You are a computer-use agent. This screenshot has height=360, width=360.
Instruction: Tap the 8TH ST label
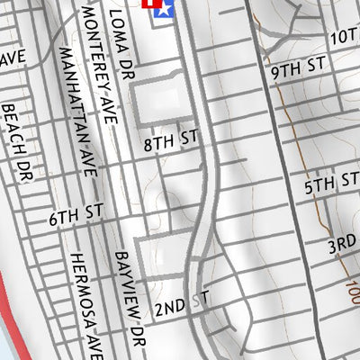tap(170, 139)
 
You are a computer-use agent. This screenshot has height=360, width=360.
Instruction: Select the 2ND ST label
tap(180, 308)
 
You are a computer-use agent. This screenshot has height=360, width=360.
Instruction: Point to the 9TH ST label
tap(296, 67)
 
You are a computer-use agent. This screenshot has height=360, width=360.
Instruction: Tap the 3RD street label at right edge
tap(342, 246)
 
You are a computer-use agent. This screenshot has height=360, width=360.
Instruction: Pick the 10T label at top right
tap(343, 37)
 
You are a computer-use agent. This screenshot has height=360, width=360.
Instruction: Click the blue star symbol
tap(163, 8)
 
